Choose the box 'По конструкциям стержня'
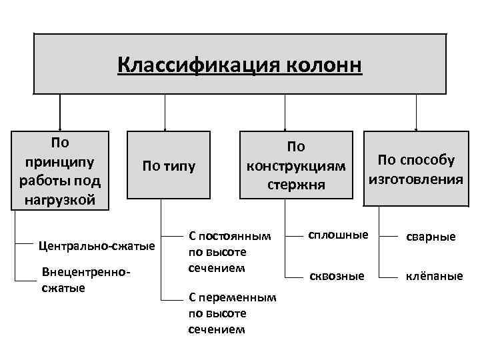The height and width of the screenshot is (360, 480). [295, 164]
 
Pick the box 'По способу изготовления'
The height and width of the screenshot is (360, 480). [416, 169]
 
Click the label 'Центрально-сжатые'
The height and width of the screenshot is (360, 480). [97, 246]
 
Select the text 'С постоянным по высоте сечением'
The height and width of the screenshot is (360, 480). [231, 252]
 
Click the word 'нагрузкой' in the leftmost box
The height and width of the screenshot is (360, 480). [60, 199]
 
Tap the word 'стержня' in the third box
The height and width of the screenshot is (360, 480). [295, 183]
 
